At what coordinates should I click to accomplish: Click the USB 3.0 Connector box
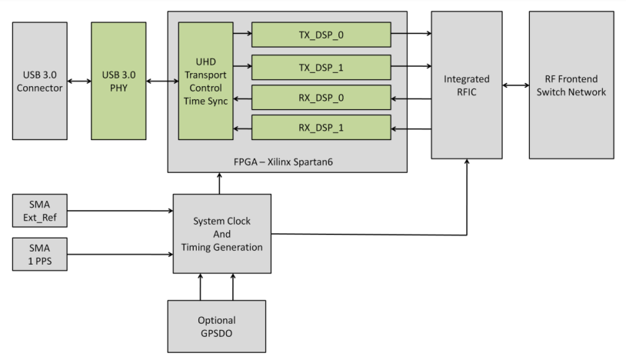coord(38,81)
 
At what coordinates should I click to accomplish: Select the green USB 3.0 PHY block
coord(118,81)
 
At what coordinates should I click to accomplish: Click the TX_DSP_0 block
coord(321,34)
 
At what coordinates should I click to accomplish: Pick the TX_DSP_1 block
coord(321,67)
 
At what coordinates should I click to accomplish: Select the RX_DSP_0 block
coord(321,98)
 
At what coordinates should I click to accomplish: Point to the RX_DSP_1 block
coord(321,128)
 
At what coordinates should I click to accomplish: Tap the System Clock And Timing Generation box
coord(221,233)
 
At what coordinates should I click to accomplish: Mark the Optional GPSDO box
coord(216,325)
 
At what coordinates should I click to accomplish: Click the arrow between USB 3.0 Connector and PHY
coord(77,81)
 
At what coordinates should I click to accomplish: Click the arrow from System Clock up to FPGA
coord(221,183)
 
